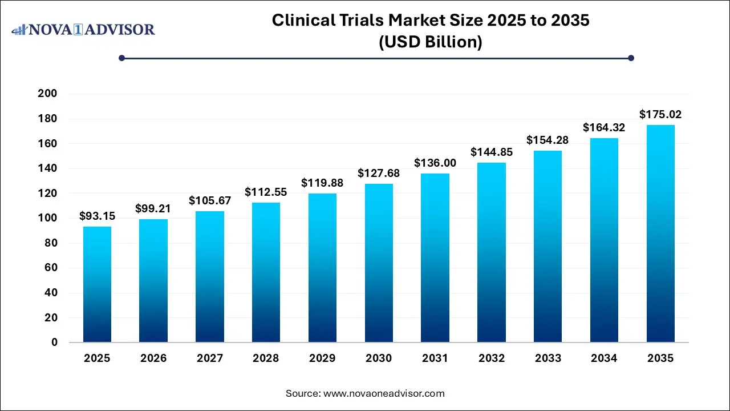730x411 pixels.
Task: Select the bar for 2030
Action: (379, 263)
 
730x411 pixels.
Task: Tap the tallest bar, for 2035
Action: (660, 233)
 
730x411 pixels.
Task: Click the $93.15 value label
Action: (97, 216)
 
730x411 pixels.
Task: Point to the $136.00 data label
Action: (435, 163)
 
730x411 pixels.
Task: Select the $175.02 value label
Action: (660, 115)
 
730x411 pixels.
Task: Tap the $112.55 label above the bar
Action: (266, 192)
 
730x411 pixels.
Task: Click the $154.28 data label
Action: (547, 140)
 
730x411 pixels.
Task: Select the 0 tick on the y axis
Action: (54, 342)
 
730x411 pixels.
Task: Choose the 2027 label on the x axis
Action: (209, 358)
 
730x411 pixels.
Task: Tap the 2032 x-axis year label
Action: (492, 358)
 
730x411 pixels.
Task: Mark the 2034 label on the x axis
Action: (604, 358)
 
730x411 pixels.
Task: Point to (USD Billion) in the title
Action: (431, 42)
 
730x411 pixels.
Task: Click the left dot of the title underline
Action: (121, 58)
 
